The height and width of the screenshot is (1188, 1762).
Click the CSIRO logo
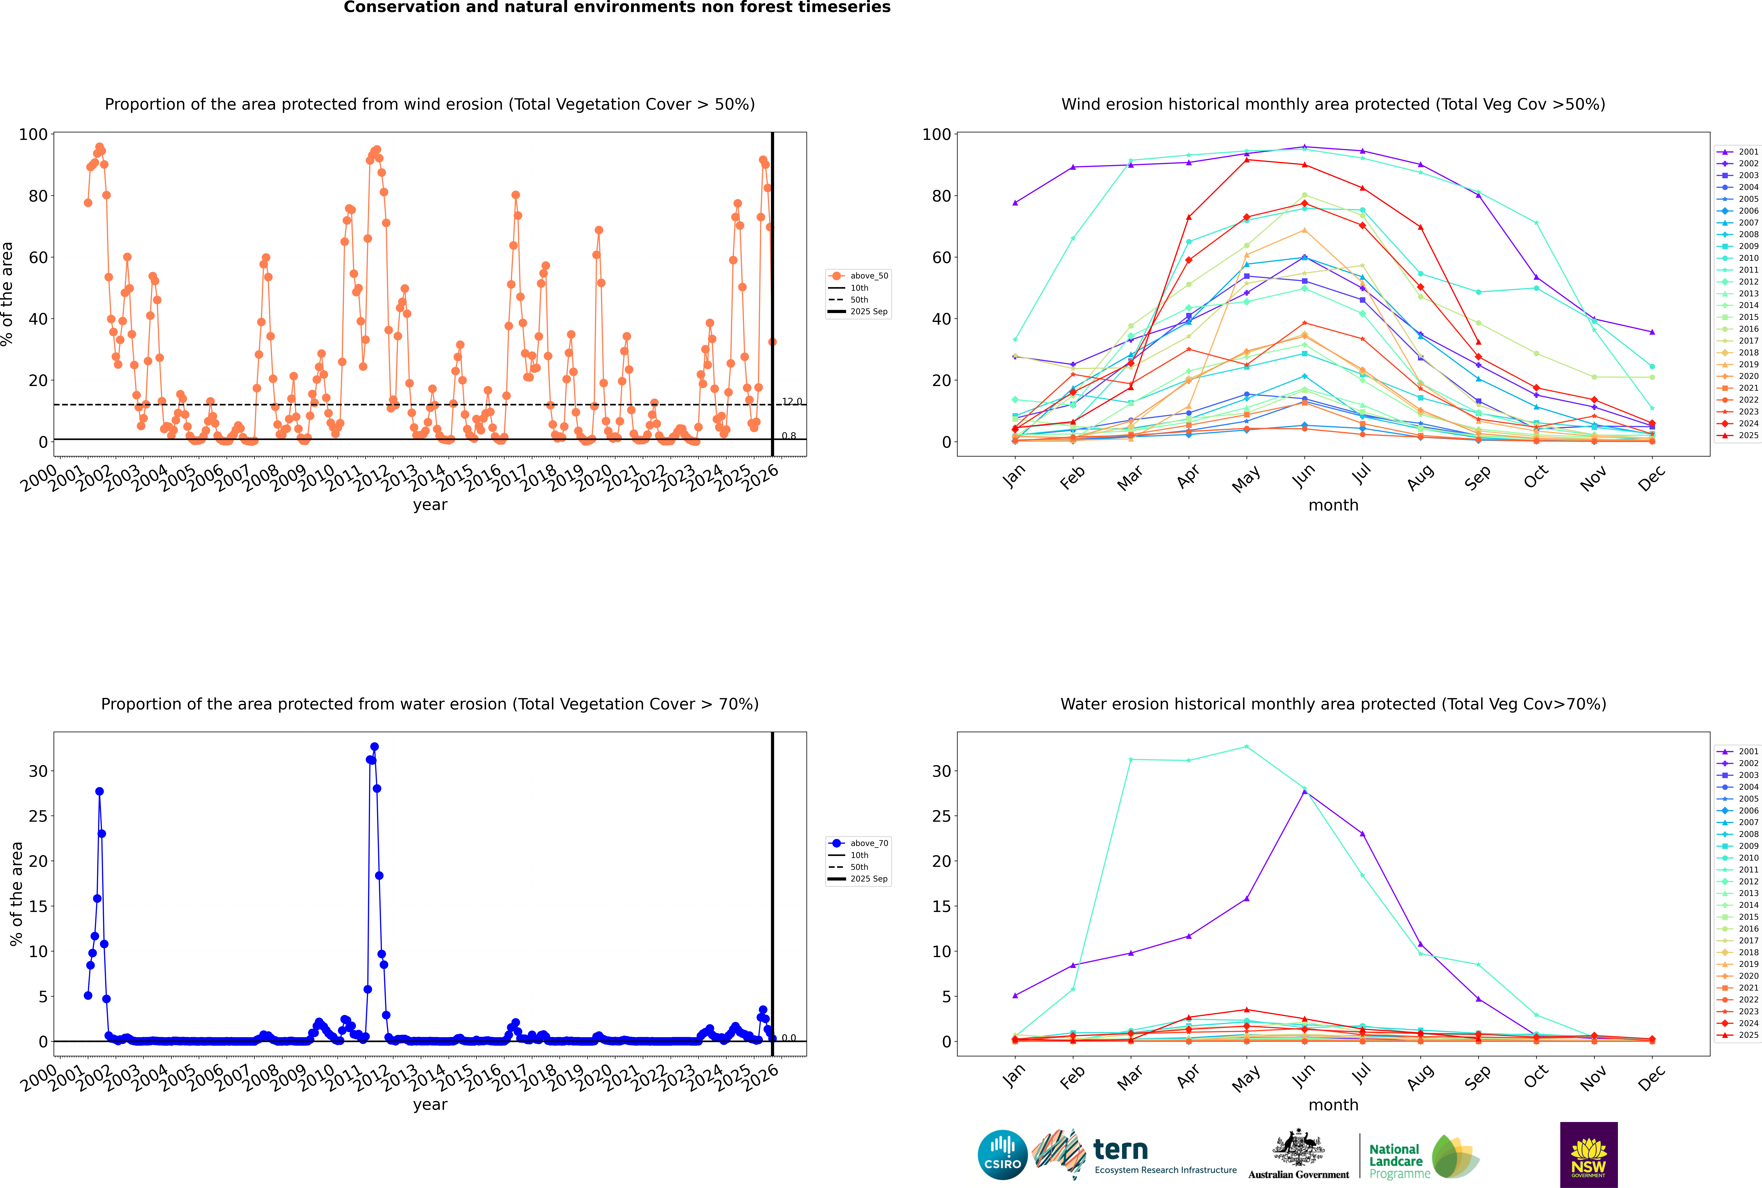pos(1002,1155)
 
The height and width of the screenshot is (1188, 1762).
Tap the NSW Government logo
pos(1588,1154)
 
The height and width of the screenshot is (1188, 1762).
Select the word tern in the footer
pos(1120,1150)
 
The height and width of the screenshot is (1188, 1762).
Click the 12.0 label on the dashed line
pos(792,402)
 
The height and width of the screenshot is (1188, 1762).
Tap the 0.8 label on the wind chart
pos(789,436)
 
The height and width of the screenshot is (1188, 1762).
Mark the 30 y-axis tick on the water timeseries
pos(38,771)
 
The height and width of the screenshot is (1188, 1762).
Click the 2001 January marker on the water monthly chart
pos(1015,996)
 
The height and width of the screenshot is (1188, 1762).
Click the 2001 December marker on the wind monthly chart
pos(1652,332)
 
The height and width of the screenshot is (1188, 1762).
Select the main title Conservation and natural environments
pos(617,8)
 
